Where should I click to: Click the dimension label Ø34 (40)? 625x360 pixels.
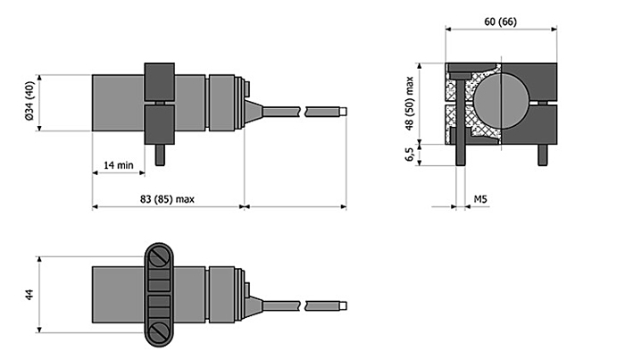(29, 101)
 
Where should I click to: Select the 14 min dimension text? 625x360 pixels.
(119, 165)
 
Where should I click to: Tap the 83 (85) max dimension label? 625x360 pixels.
(167, 199)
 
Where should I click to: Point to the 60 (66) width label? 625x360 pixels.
(500, 21)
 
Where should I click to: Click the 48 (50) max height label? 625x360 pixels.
(409, 104)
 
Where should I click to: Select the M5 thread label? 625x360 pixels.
(480, 198)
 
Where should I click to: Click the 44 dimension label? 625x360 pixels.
(29, 295)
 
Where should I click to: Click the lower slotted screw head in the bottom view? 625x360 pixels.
(159, 331)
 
